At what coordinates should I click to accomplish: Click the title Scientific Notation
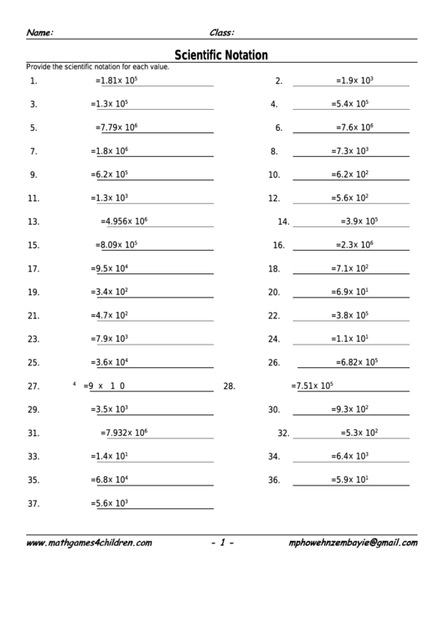click(x=221, y=55)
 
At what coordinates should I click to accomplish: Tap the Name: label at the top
click(x=40, y=33)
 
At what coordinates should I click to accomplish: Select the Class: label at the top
click(x=221, y=33)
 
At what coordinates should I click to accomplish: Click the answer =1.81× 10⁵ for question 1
click(x=116, y=81)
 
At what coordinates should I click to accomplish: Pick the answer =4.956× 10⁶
click(x=124, y=222)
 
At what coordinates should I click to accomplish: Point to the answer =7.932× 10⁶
click(x=124, y=433)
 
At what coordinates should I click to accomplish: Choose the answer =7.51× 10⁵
click(x=312, y=387)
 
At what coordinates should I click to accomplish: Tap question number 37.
click(x=34, y=504)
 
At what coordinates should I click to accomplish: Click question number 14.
click(x=283, y=222)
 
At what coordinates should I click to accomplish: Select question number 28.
click(x=228, y=387)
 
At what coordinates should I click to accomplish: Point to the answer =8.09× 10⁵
click(x=116, y=246)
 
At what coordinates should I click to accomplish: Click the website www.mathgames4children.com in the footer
click(x=89, y=542)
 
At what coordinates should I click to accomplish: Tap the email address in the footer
click(x=352, y=542)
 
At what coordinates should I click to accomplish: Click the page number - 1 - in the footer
click(x=222, y=542)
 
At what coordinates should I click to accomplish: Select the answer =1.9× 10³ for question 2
click(x=354, y=81)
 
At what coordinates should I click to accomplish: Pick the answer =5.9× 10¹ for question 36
click(x=350, y=480)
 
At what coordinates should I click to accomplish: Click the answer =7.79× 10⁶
click(x=116, y=128)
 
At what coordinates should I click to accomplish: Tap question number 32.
click(x=283, y=433)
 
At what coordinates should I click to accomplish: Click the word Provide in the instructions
click(x=39, y=66)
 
